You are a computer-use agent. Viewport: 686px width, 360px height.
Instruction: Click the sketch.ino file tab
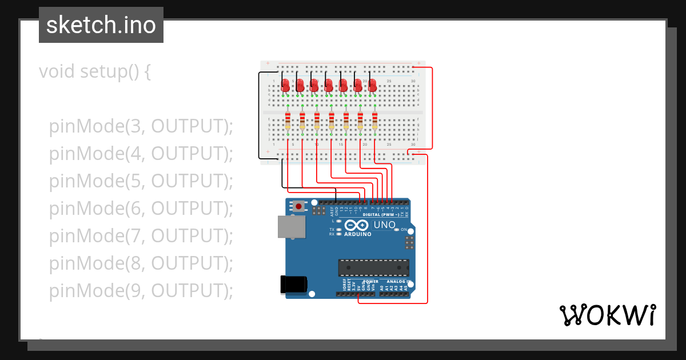[x=101, y=25]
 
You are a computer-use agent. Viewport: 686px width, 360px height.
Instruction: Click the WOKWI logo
[x=607, y=315]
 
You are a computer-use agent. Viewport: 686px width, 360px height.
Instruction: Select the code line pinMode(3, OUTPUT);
[x=141, y=126]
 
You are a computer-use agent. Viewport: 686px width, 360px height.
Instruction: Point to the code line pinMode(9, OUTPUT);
[x=141, y=291]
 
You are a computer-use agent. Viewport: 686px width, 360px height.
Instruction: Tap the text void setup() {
[x=94, y=71]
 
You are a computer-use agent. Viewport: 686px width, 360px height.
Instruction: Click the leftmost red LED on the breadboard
[x=286, y=85]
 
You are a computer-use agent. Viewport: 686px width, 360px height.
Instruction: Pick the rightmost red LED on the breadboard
[x=373, y=85]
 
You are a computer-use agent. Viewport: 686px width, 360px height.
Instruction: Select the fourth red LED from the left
[x=329, y=85]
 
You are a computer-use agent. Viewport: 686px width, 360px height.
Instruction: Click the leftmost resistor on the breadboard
[x=288, y=122]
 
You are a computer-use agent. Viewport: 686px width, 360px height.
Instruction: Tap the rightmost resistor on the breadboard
[x=375, y=122]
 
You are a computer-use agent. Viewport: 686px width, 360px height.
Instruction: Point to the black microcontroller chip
[x=373, y=267]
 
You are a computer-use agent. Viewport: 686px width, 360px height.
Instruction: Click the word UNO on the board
[x=384, y=225]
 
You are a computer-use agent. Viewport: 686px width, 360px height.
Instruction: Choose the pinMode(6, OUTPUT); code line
[x=141, y=209]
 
